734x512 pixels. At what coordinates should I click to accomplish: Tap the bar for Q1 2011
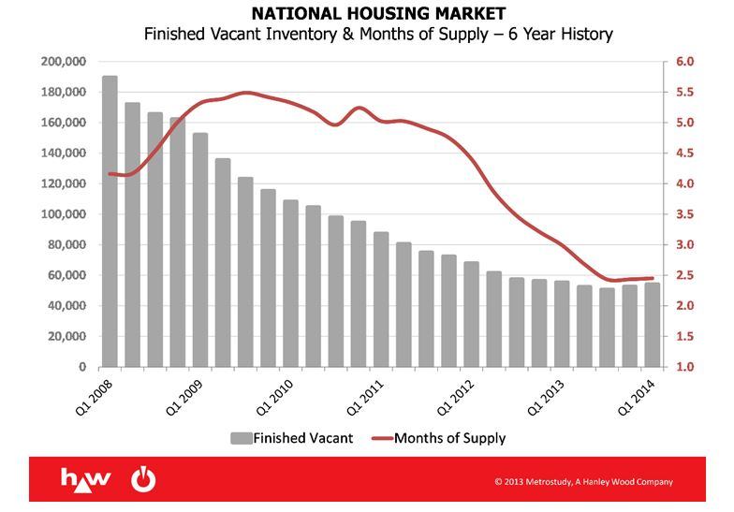[x=381, y=300]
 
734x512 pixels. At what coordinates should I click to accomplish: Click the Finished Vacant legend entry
[x=292, y=437]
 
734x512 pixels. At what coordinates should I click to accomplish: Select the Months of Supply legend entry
[x=438, y=437]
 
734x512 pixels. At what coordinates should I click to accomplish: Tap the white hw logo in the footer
[x=86, y=479]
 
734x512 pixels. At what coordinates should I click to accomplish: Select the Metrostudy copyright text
[x=583, y=482]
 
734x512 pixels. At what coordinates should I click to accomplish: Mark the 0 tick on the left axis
[x=81, y=367]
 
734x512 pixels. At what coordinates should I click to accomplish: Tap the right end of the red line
[x=652, y=278]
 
